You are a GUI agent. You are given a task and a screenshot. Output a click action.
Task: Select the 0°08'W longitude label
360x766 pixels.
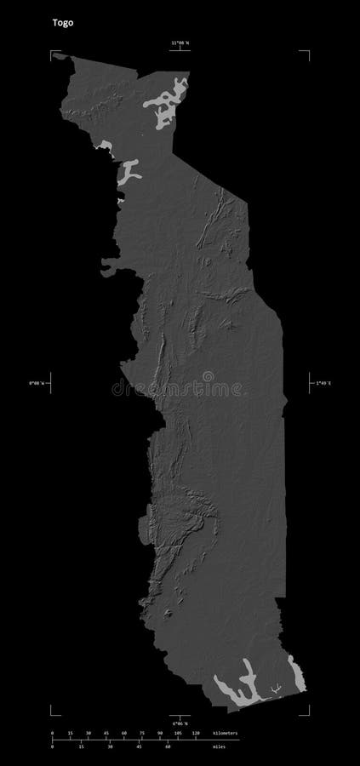pos(37,384)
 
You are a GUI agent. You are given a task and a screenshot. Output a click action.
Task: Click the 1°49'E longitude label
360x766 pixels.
pos(323,384)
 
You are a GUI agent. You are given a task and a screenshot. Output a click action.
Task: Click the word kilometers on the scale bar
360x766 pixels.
pos(223,732)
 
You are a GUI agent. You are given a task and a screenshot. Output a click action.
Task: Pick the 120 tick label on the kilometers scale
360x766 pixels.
pos(196,732)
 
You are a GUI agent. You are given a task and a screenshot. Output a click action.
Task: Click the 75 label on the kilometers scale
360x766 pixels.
pos(142,732)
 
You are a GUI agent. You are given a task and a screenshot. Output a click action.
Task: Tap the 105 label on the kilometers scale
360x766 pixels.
pos(177,732)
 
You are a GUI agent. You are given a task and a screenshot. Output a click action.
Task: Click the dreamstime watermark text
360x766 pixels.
pos(180,388)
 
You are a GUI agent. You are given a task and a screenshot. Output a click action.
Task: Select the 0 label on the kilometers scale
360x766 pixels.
pos(52,732)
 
